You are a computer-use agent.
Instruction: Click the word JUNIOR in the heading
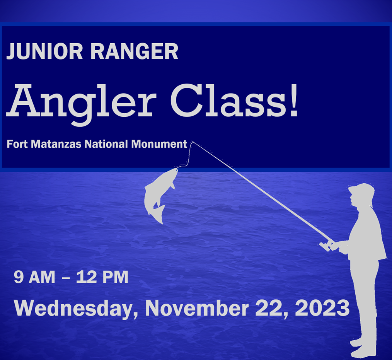(x=44, y=51)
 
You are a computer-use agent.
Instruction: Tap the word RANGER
(x=134, y=51)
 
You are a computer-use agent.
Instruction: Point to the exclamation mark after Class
(x=294, y=101)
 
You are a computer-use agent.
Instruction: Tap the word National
(x=106, y=144)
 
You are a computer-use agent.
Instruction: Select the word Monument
(x=159, y=144)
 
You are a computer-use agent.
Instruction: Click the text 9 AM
(x=34, y=277)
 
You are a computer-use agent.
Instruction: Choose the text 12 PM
(x=102, y=277)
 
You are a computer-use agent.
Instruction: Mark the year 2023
(x=322, y=308)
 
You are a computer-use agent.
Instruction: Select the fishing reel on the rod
(x=327, y=246)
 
